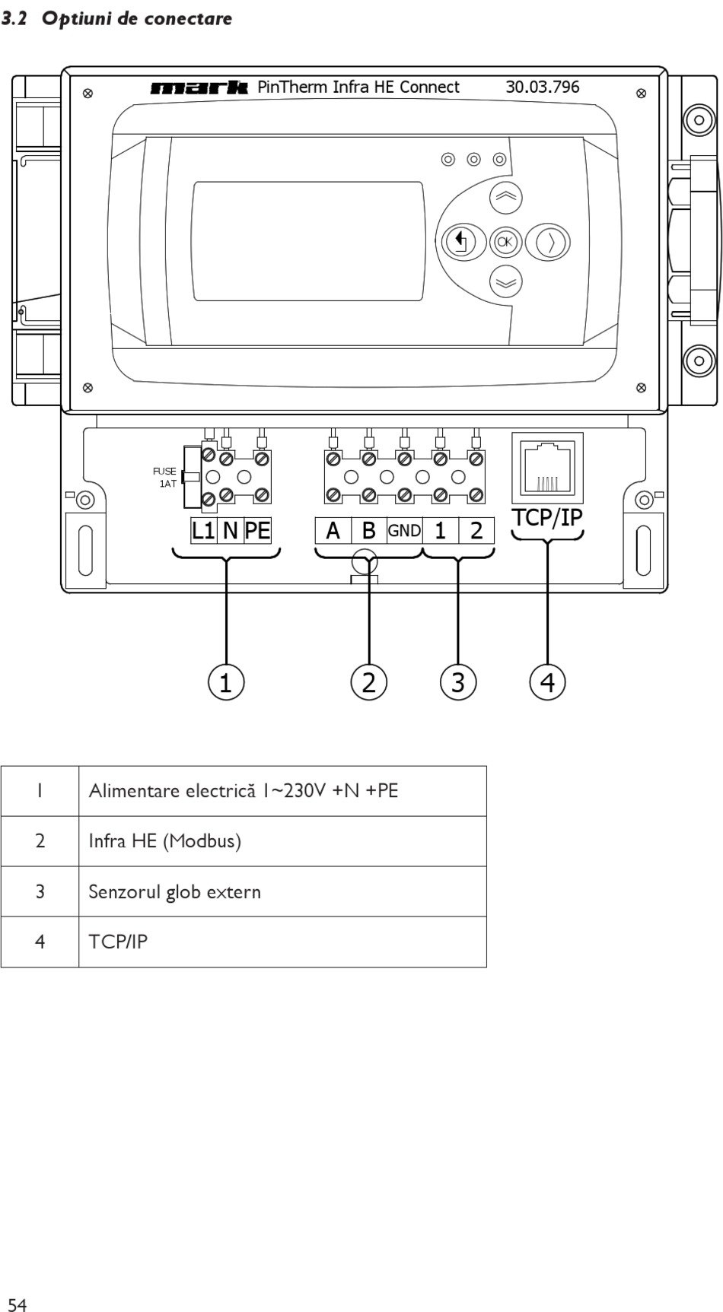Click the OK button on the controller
[x=505, y=243]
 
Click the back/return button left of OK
[x=459, y=243]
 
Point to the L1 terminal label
[x=203, y=530]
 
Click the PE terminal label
[x=258, y=530]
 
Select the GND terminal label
[x=404, y=531]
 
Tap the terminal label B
[x=369, y=531]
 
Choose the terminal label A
[x=333, y=531]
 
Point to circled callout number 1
[x=226, y=682]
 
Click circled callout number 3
[x=457, y=682]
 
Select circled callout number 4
[x=547, y=682]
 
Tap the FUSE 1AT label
[x=165, y=478]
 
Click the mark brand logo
[x=200, y=87]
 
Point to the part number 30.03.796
[x=543, y=87]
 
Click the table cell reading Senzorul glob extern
[x=175, y=891]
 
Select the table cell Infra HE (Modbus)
[x=165, y=841]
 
